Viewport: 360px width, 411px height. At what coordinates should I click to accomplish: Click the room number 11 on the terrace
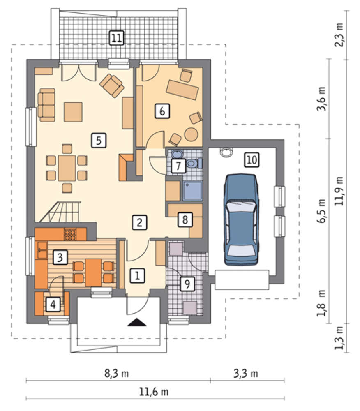116,38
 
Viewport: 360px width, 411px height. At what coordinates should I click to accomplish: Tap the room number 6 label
162,111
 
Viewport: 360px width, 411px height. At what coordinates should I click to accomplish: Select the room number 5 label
99,140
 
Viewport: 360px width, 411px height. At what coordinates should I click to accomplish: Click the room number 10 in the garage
252,159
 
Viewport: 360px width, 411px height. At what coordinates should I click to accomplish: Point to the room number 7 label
178,165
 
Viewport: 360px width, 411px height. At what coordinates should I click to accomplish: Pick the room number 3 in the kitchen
60,257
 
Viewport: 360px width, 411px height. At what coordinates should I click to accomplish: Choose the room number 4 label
53,304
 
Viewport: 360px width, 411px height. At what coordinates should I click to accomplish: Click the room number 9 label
187,284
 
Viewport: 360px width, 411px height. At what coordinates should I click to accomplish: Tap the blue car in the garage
241,219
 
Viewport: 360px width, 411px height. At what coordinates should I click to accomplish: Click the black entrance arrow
137,322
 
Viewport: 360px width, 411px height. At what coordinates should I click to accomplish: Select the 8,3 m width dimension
117,373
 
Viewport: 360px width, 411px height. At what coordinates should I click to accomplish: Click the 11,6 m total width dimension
153,392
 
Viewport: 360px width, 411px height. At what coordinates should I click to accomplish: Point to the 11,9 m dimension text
339,191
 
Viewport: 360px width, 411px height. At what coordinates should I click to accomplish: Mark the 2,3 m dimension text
339,35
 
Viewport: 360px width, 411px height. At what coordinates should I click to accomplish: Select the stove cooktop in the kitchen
70,235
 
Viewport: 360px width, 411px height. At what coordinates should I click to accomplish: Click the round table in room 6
191,134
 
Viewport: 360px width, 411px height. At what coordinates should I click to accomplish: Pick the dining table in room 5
67,168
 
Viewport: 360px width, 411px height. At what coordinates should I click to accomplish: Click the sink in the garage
226,152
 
